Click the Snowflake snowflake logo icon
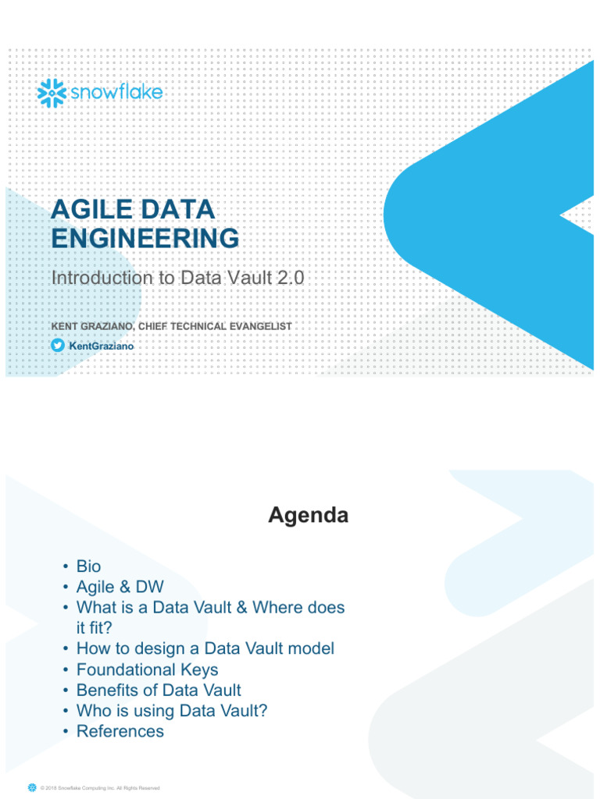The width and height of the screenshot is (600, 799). tap(52, 93)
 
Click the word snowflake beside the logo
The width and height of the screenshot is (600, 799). tap(116, 93)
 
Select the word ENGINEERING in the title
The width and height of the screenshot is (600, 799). tap(145, 238)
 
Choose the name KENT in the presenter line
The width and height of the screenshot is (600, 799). tap(65, 325)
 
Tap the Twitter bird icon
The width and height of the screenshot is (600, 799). tap(57, 345)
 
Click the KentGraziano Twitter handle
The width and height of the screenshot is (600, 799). tap(95, 346)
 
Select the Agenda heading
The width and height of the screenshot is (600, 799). tap(309, 516)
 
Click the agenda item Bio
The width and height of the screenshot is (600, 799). tap(88, 566)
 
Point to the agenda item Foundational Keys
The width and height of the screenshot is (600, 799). tap(147, 669)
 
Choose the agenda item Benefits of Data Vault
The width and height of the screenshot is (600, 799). tap(159, 690)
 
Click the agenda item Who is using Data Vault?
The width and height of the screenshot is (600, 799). tap(171, 710)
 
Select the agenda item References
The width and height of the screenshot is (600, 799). tap(120, 731)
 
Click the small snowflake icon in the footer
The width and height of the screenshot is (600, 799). tap(32, 787)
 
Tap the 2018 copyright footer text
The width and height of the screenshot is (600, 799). tap(101, 788)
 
